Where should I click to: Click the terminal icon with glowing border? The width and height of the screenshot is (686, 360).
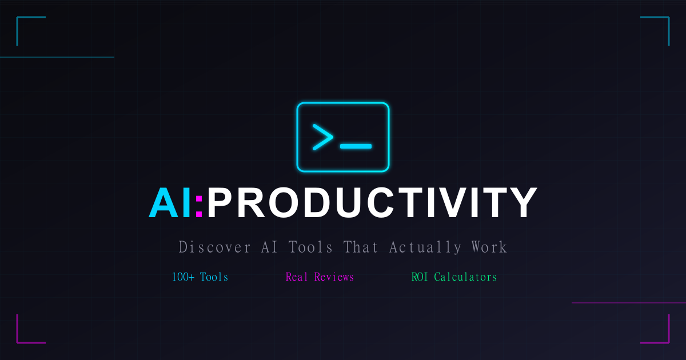(343, 137)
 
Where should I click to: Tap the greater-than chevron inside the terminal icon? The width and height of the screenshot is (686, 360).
(322, 137)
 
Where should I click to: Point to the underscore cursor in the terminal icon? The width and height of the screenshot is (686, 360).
(356, 146)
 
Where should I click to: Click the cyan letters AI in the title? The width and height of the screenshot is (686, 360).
(170, 203)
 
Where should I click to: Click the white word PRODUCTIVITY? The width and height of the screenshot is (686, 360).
(372, 203)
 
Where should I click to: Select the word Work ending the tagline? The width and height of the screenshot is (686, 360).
(489, 247)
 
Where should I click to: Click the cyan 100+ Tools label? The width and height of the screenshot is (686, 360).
(200, 277)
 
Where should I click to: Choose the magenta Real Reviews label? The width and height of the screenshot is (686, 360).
(320, 277)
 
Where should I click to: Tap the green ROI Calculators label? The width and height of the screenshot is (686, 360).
(454, 277)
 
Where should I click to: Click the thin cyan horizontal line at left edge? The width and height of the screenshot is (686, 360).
(57, 57)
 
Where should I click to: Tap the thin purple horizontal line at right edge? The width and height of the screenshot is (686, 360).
(629, 303)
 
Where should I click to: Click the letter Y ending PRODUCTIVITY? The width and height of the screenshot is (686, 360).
(521, 203)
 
